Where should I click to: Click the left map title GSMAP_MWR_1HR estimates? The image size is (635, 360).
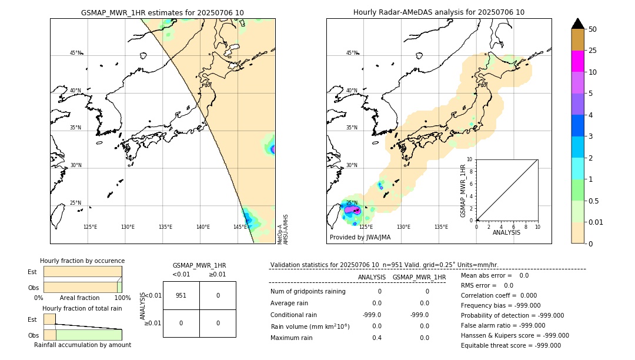point(162,12)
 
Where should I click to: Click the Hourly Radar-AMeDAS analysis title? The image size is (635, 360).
point(439,12)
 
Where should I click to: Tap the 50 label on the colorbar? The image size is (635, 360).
point(593,29)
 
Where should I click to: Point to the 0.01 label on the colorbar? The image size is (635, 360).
point(597,222)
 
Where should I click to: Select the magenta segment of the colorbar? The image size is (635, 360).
point(577,61)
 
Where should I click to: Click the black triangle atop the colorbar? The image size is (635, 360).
point(577,24)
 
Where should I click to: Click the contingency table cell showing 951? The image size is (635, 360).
point(181,295)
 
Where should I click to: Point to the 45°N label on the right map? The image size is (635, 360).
point(352,53)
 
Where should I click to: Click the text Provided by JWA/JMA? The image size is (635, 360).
point(360,238)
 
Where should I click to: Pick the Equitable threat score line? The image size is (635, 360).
point(510,345)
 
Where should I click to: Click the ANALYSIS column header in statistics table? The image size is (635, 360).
point(372,278)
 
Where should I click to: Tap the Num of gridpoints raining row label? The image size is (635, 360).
point(308,292)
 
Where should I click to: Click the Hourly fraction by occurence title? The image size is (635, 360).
point(82,261)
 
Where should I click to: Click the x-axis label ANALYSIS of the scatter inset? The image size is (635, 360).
point(506,232)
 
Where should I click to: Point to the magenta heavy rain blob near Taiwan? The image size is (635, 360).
point(352,209)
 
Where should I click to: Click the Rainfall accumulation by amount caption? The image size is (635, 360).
point(82,345)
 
